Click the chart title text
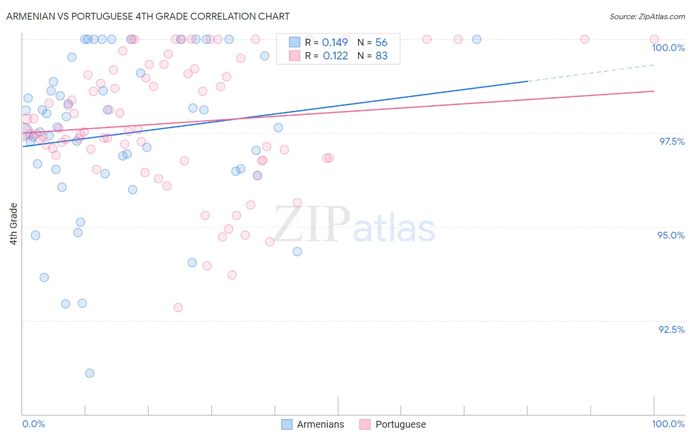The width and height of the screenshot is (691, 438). click(x=148, y=16)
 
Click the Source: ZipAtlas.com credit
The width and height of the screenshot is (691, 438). click(x=647, y=16)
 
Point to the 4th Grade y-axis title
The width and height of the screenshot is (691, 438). click(x=14, y=224)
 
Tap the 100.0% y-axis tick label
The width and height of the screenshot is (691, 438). click(x=668, y=48)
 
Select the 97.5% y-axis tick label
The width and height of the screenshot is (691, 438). click(x=671, y=141)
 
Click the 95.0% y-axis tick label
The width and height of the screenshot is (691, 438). click(x=671, y=235)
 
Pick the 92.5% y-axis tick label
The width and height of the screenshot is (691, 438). click(x=671, y=329)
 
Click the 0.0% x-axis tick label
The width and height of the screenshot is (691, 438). click(x=33, y=424)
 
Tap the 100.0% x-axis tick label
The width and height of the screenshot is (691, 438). click(x=668, y=424)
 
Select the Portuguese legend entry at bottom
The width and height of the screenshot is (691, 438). click(x=393, y=424)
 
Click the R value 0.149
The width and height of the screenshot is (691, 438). click(x=335, y=42)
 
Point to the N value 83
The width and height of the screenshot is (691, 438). click(x=381, y=56)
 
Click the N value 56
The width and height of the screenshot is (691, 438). click(x=381, y=42)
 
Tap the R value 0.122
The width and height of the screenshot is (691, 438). click(x=335, y=56)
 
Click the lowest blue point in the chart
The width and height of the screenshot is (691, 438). click(x=89, y=373)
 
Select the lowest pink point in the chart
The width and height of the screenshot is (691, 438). click(x=178, y=307)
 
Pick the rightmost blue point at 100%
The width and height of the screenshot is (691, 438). click(x=476, y=39)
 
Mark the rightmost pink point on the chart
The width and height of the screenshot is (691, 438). click(x=654, y=39)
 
